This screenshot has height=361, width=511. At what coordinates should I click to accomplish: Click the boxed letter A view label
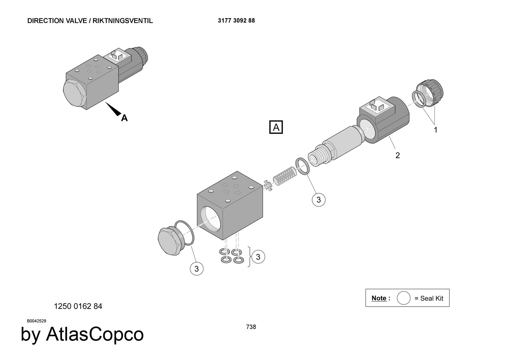click(x=276, y=127)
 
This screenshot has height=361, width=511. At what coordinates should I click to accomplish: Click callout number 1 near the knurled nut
click(x=436, y=130)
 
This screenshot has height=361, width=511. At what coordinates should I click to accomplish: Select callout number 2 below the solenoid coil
click(x=397, y=155)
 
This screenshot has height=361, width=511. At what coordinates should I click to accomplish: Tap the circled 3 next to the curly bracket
click(x=258, y=257)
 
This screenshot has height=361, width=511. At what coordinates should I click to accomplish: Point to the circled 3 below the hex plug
click(x=196, y=269)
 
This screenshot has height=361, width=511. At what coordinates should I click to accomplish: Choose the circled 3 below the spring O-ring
click(x=318, y=200)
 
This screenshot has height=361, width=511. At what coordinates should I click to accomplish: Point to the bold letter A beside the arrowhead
click(x=124, y=118)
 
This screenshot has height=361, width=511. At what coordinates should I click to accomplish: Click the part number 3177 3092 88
click(x=236, y=21)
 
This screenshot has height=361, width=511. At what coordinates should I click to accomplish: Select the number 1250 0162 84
click(x=78, y=306)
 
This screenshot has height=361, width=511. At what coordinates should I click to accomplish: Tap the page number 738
click(x=251, y=327)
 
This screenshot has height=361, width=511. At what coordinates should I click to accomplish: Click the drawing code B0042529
click(x=37, y=321)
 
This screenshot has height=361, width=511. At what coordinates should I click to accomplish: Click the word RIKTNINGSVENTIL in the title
click(x=123, y=21)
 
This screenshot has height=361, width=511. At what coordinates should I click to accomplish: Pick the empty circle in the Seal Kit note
click(x=403, y=298)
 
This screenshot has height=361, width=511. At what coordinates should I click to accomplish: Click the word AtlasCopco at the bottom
click(x=95, y=334)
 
